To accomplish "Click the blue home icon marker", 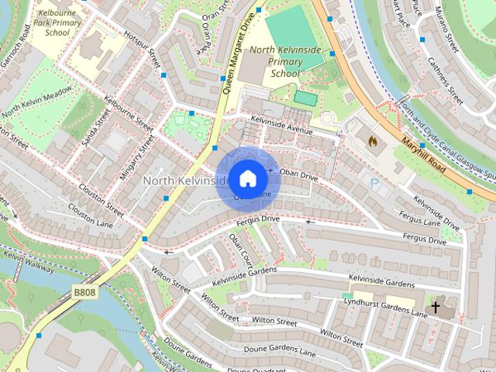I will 246,179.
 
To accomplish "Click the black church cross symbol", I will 435,308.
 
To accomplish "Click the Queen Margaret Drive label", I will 237,53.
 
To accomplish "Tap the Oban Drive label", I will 298,176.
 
